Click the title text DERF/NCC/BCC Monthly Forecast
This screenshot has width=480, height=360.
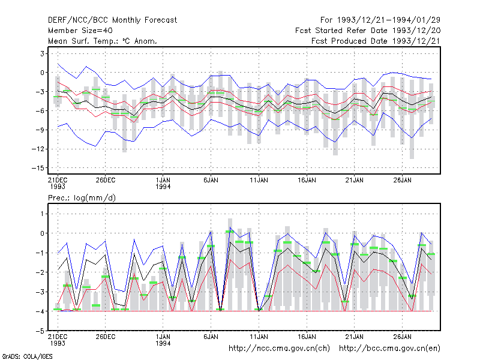[112, 20]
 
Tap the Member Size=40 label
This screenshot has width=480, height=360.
[80, 31]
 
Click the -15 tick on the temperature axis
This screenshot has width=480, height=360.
[38, 168]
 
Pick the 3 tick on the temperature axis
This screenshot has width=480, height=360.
[42, 53]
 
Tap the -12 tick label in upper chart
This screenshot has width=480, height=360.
[38, 149]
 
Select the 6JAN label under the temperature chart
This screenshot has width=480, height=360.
[211, 181]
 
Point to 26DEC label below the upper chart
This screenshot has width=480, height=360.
[106, 181]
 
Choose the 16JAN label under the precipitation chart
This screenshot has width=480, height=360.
[307, 337]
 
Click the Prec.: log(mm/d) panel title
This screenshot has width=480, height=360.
[82, 198]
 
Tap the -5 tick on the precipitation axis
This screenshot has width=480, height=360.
[40, 331]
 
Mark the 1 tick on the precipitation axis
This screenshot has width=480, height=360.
[42, 214]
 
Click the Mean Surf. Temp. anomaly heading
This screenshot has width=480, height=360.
[103, 41]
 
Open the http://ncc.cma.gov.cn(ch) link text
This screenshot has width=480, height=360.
[279, 349]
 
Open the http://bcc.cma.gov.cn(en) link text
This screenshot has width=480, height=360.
[389, 349]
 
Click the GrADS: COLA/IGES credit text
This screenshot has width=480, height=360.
[27, 356]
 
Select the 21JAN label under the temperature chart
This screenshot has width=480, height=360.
[355, 181]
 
